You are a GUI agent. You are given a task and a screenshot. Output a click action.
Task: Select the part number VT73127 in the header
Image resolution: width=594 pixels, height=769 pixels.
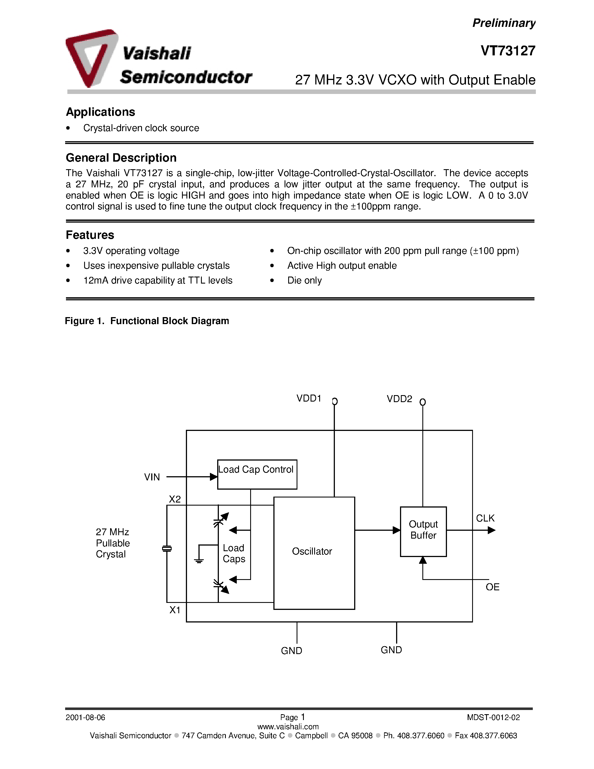508,51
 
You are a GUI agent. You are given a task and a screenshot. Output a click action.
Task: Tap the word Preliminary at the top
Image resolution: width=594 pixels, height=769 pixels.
503,23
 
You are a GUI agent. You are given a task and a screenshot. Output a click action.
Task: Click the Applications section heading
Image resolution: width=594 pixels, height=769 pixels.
100,112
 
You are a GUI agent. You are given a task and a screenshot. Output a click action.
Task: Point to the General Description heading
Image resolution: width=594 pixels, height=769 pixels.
121,158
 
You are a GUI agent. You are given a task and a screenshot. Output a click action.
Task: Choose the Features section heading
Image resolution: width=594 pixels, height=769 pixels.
90,235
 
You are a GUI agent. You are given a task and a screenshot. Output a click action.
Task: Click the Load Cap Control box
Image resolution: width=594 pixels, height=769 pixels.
257,474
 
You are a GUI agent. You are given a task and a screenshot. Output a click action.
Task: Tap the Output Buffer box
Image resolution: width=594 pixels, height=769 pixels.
423,531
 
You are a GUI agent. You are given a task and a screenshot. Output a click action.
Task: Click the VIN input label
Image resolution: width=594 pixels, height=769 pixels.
152,477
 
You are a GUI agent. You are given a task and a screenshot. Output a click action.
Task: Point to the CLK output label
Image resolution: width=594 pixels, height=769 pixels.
485,518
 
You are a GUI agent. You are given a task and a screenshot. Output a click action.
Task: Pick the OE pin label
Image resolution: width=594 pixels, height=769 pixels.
492,587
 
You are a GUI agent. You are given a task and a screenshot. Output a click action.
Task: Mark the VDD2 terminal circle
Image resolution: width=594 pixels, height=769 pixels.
423,402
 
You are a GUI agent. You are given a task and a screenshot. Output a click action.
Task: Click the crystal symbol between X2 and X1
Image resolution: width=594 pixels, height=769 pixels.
167,549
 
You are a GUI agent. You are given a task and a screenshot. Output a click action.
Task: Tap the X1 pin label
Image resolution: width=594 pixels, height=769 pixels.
175,610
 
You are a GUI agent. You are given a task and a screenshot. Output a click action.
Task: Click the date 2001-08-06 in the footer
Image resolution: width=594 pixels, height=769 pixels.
85,718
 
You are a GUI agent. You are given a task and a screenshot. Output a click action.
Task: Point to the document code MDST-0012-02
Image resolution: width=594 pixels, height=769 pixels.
493,718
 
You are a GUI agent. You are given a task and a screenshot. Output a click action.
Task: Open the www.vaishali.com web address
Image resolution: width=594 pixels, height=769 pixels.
288,726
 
